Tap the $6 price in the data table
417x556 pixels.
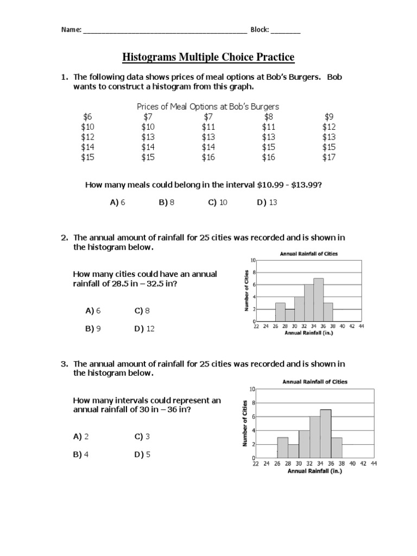coord(87,116)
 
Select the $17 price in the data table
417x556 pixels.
coord(330,157)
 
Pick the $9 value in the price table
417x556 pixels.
coord(330,116)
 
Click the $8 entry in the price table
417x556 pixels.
coord(269,116)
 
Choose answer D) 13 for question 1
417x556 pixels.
coord(267,203)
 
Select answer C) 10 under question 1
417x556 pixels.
coord(217,203)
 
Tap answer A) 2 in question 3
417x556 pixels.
coord(81,436)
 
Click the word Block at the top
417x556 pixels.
coord(260,30)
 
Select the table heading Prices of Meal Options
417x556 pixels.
coord(208,106)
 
